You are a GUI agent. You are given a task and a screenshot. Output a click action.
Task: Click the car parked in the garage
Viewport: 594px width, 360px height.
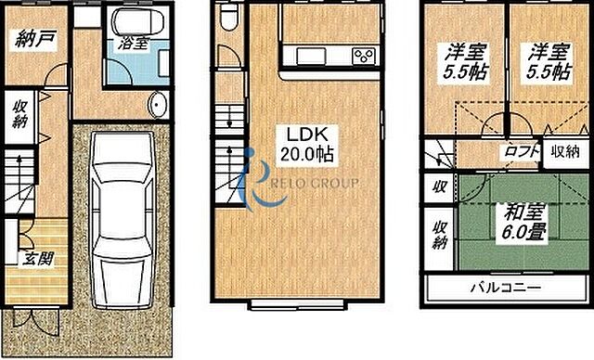pos(121,223)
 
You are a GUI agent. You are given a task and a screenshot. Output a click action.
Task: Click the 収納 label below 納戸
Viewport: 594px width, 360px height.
pos(20,113)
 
